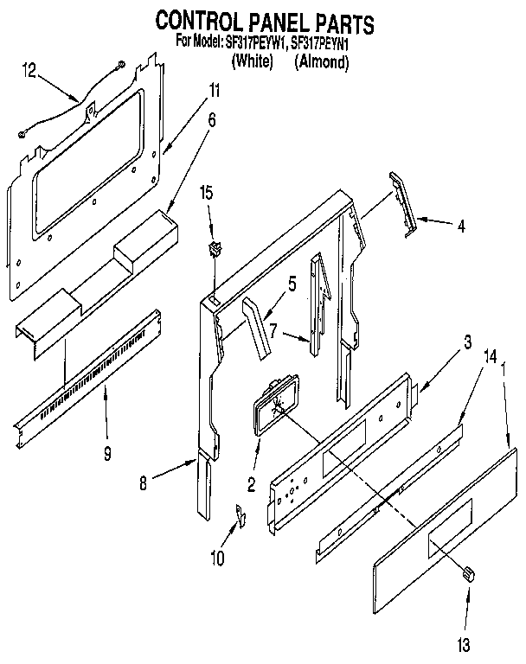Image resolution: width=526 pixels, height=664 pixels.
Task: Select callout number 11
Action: (x=215, y=90)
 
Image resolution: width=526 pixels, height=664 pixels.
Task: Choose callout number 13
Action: (x=468, y=642)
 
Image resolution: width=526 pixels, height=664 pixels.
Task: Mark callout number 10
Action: (x=217, y=558)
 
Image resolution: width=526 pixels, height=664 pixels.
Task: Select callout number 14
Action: (x=467, y=354)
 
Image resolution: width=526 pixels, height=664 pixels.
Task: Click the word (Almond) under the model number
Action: (x=322, y=61)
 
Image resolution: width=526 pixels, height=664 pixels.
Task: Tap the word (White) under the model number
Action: (x=253, y=61)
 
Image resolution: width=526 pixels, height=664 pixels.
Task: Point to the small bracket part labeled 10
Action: (x=241, y=517)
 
